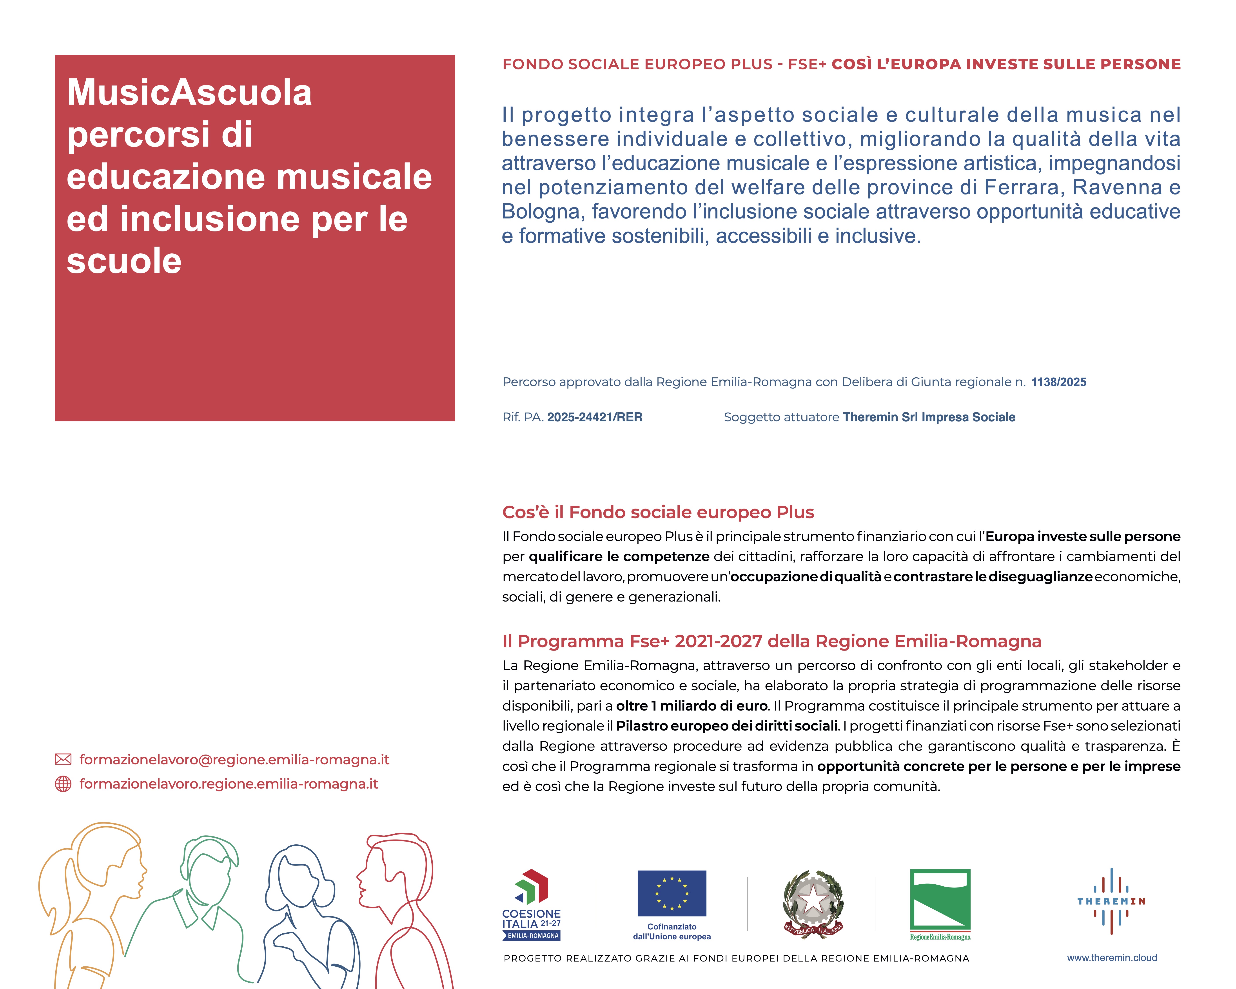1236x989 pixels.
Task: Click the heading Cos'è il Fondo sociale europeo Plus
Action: click(658, 512)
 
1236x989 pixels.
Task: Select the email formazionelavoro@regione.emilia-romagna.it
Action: click(234, 760)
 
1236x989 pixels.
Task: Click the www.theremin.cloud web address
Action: click(1112, 958)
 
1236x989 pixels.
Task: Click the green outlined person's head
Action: click(207, 871)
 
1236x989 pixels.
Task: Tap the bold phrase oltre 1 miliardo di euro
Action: click(691, 706)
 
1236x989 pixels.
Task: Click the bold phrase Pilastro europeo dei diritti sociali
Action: click(726, 726)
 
